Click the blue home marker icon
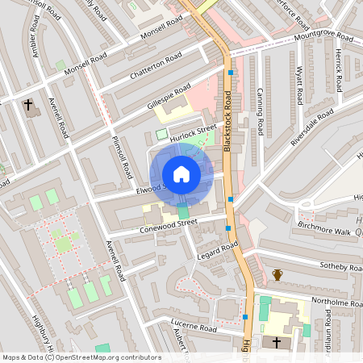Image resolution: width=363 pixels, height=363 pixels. point(181,174)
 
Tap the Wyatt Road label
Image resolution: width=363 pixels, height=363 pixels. point(299,86)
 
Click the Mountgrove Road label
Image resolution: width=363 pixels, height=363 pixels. point(323,37)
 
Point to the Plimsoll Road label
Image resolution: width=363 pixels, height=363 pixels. point(127,156)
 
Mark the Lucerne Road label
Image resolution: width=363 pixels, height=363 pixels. point(193,329)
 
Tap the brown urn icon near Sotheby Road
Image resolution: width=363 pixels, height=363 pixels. point(277,275)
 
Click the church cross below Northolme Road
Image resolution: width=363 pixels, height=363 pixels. point(277,342)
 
